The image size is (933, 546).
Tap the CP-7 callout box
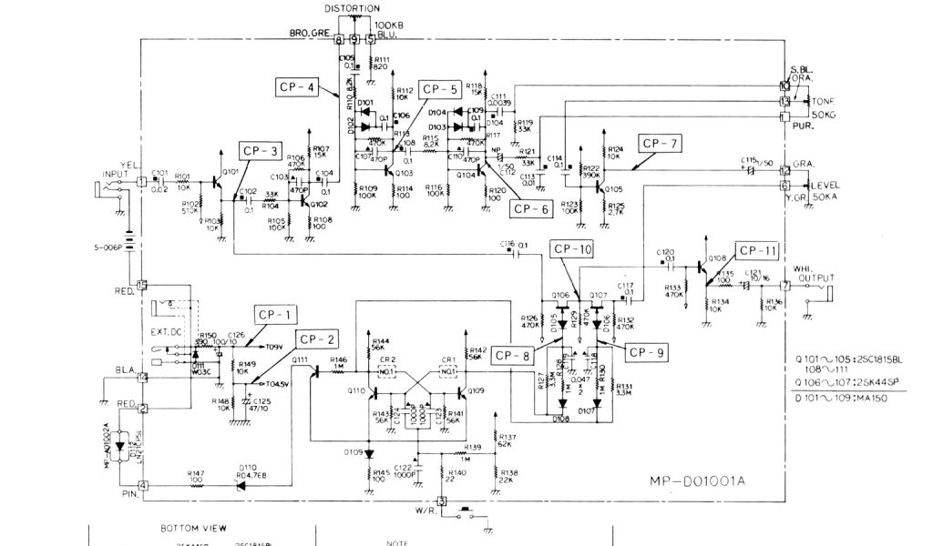(660, 144)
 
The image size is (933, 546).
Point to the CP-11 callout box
(758, 250)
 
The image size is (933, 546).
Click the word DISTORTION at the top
(353, 8)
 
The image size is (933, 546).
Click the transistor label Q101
(230, 170)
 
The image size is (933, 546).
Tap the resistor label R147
(196, 474)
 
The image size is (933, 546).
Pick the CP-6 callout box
(530, 208)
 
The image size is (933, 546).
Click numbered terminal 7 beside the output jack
(786, 285)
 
